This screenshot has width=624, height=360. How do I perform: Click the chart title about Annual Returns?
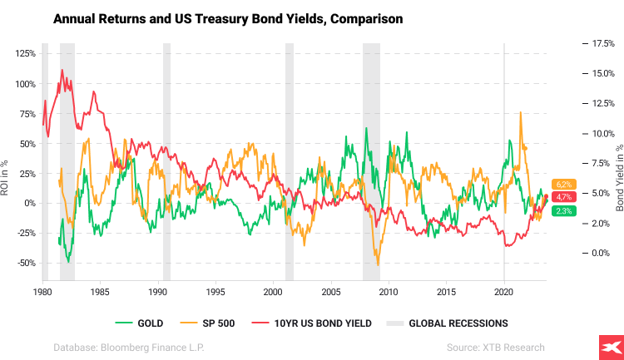[229, 18]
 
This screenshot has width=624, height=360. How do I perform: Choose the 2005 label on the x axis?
[330, 293]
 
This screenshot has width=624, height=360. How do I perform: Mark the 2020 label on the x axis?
[503, 293]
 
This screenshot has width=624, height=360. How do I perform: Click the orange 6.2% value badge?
[562, 184]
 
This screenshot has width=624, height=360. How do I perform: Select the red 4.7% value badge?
[562, 197]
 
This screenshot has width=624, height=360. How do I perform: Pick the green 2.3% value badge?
[562, 211]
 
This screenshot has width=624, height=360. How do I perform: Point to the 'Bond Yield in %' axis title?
[618, 175]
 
